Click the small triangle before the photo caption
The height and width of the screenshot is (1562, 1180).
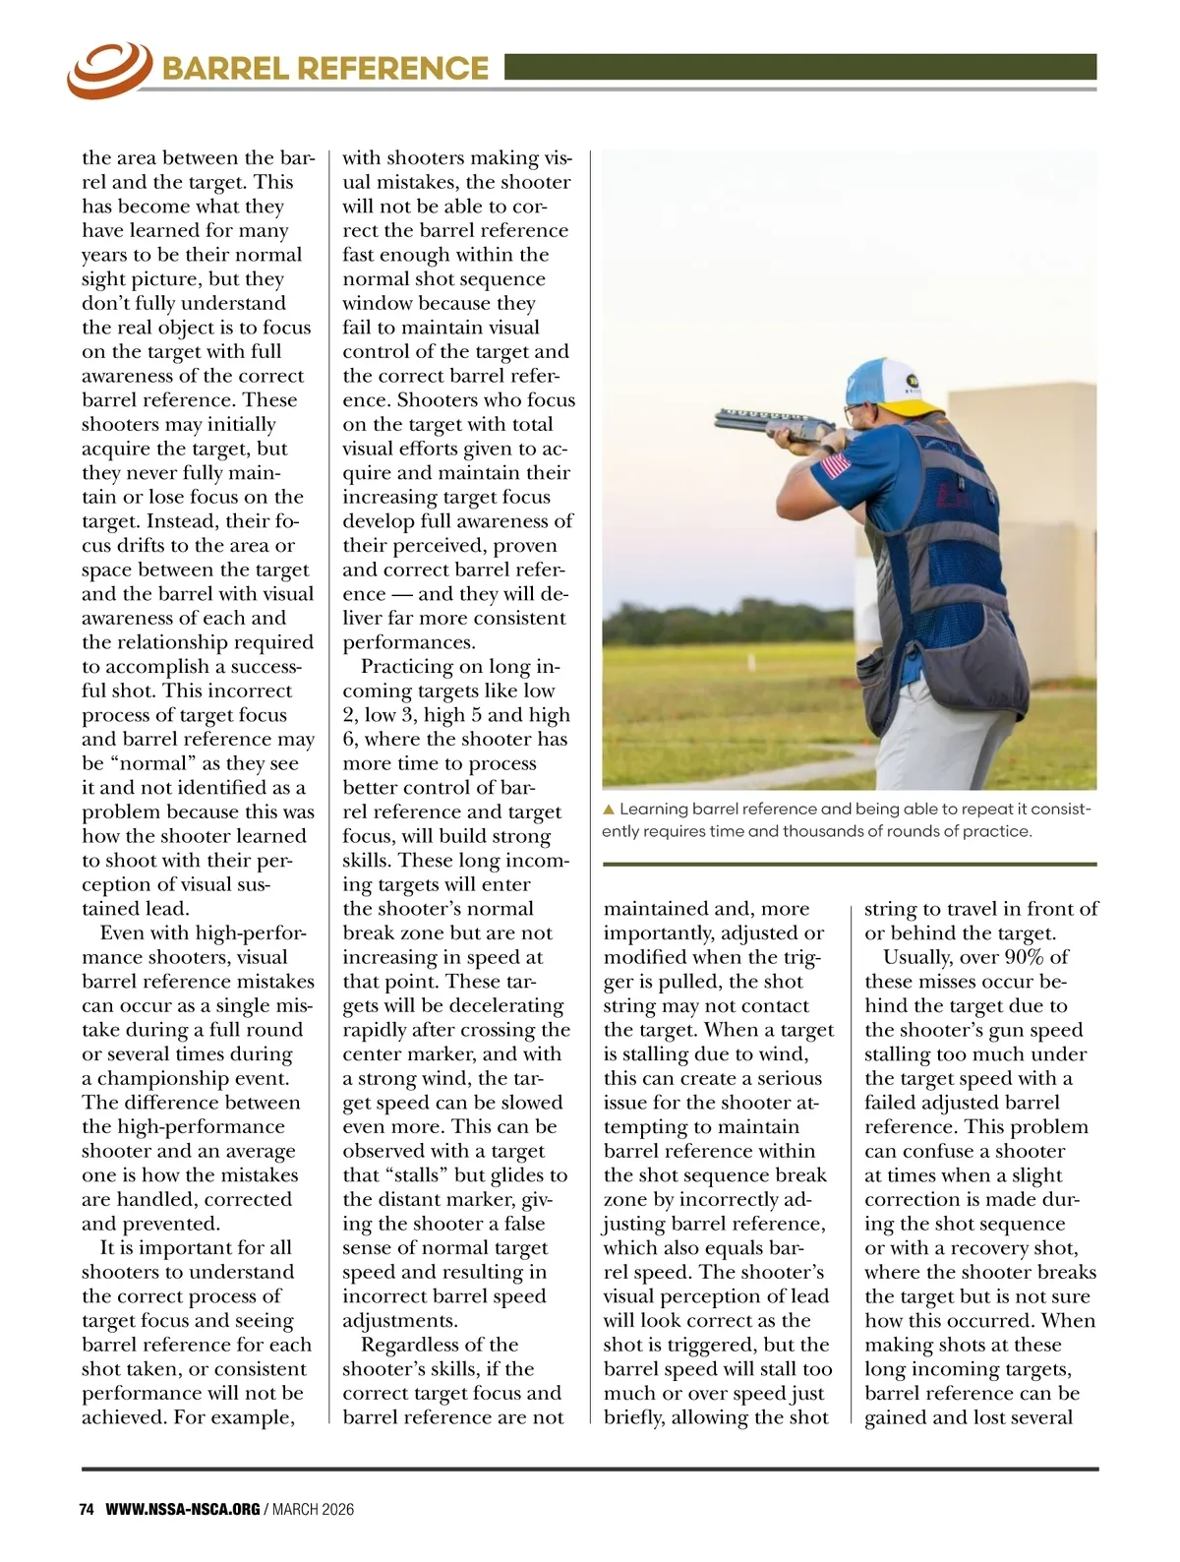[609, 810]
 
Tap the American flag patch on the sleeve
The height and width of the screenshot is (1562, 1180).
[836, 464]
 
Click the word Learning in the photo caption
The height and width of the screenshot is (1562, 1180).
[654, 809]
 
